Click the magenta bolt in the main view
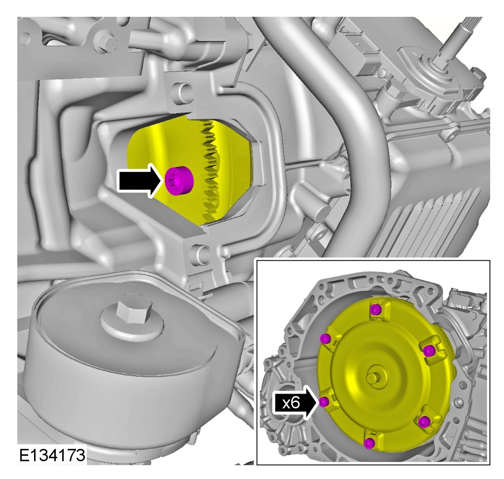pyautogui.click(x=179, y=181)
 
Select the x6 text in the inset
pyautogui.click(x=291, y=402)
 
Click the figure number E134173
pyautogui.click(x=52, y=455)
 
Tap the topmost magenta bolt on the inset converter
pyautogui.click(x=376, y=310)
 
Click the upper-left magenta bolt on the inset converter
pyautogui.click(x=326, y=339)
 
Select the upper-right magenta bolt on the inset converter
pyautogui.click(x=429, y=351)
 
